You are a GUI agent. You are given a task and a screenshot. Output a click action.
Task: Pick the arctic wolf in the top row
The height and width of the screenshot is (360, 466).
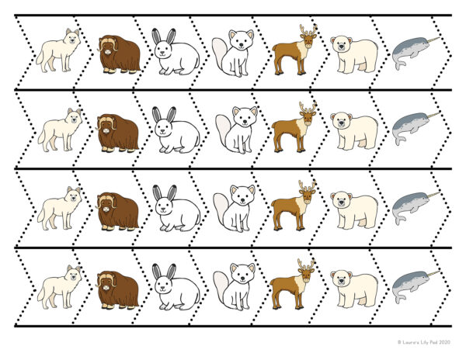click(59, 53)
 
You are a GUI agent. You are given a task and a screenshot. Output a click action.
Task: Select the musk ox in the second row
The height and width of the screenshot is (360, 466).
click(117, 133)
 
